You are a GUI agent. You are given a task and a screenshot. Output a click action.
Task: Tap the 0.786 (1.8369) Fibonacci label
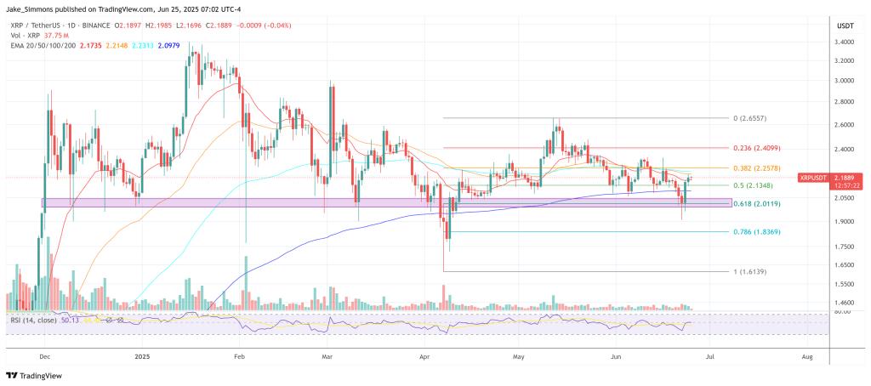757,231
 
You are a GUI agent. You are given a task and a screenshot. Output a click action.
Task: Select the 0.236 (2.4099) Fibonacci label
757,148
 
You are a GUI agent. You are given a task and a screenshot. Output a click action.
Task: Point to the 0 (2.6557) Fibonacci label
753,118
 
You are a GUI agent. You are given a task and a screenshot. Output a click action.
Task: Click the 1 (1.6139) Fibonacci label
753,270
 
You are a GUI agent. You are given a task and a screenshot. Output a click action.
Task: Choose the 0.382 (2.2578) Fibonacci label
757,168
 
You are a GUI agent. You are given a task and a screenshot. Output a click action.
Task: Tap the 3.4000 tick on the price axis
844,42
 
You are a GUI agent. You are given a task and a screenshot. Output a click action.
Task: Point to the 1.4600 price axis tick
844,303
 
